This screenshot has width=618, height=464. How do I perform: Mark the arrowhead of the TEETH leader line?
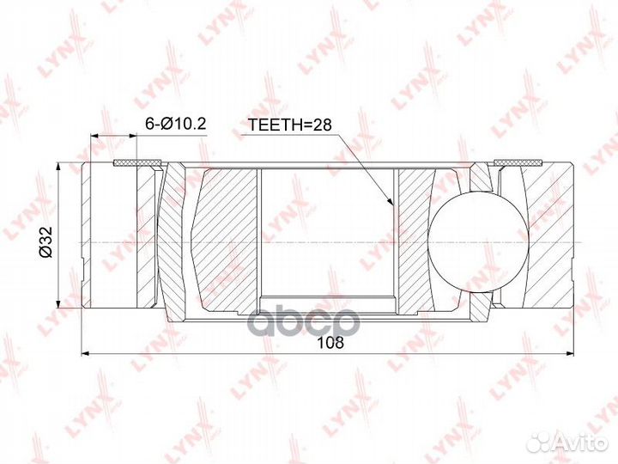click(x=391, y=205)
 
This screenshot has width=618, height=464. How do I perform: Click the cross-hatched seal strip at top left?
click(x=138, y=162)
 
